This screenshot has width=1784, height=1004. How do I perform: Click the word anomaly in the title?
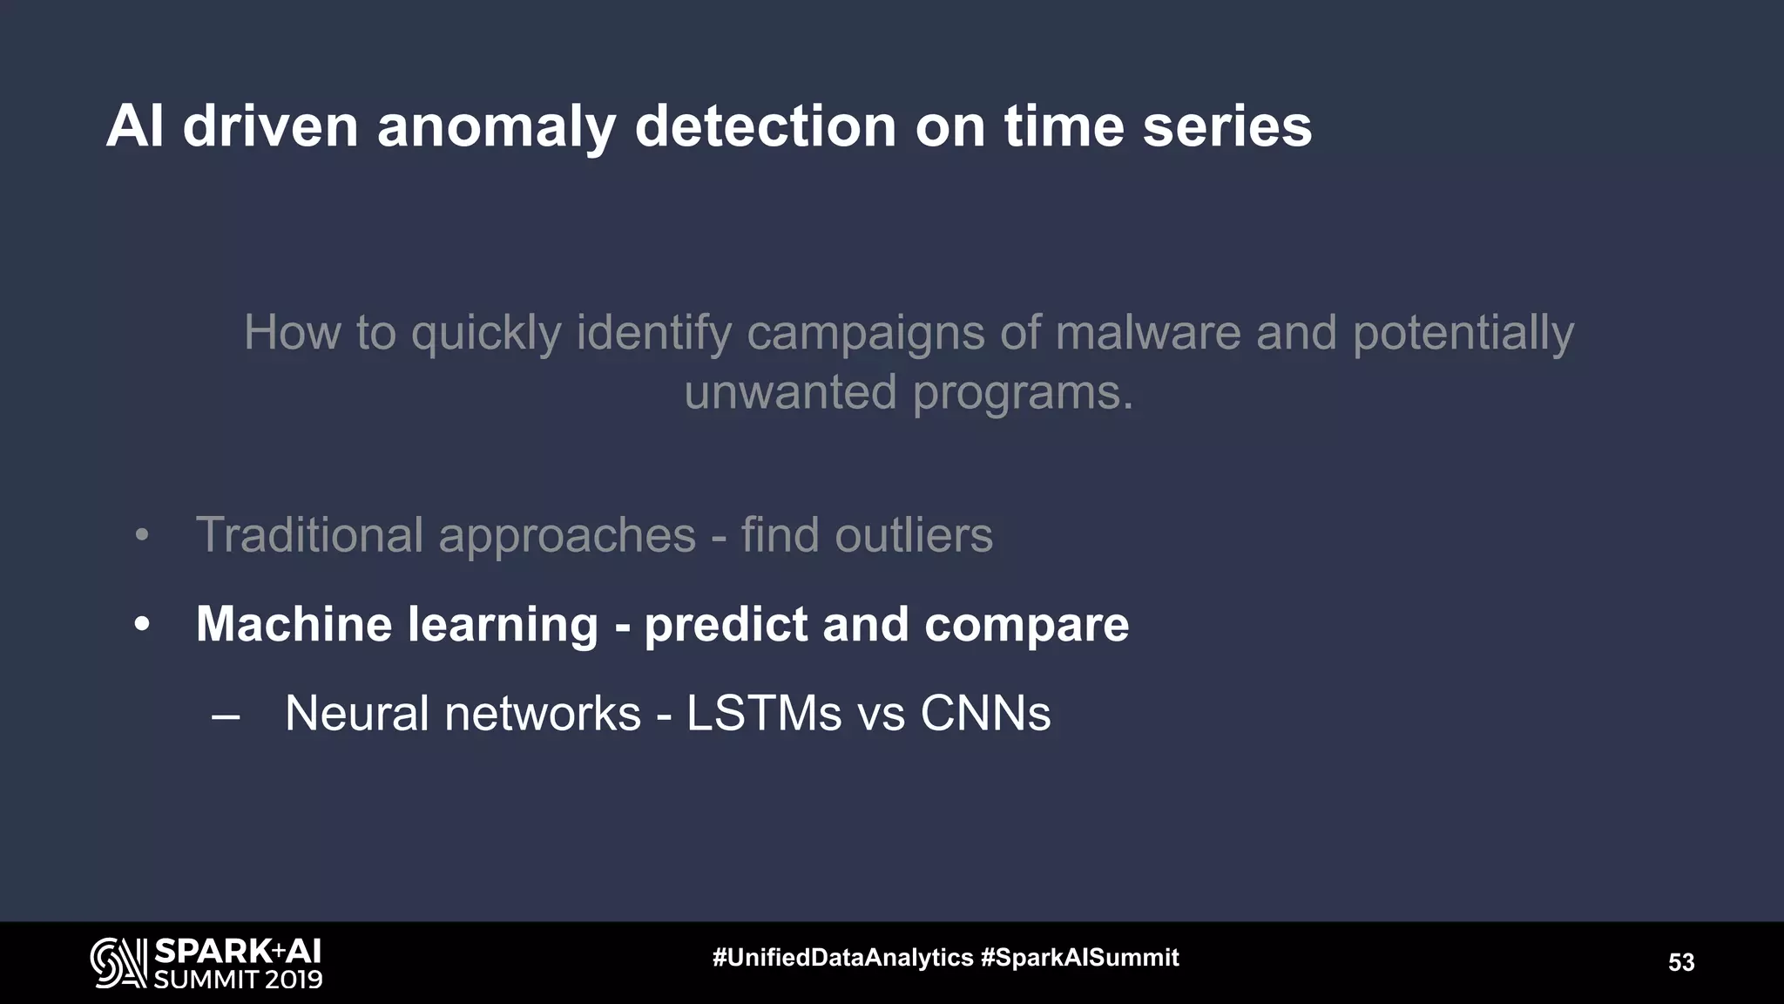click(x=497, y=127)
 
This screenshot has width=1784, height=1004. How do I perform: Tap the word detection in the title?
click(x=765, y=127)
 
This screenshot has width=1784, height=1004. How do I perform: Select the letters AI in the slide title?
click(x=135, y=127)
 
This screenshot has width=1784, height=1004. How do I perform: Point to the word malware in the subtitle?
click(x=1147, y=333)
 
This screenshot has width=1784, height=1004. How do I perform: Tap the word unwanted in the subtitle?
click(x=790, y=392)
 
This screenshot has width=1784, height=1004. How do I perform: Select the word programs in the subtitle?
click(x=1023, y=392)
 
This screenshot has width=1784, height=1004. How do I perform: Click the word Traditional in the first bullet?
click(x=309, y=534)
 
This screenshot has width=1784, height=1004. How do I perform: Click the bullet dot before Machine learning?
click(x=142, y=626)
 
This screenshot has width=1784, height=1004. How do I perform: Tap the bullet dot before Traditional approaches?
click(x=142, y=536)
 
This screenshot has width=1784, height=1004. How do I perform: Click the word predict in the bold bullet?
click(x=726, y=625)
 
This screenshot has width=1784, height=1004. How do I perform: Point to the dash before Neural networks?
click(x=226, y=717)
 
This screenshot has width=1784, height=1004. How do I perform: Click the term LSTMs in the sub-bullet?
click(x=764, y=714)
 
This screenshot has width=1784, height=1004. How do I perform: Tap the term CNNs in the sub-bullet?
click(x=985, y=714)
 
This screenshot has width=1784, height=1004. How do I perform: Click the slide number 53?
click(x=1680, y=962)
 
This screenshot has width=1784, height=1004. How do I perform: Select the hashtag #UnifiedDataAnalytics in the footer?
click(x=842, y=958)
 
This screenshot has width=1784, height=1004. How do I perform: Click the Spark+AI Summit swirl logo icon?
click(x=118, y=963)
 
